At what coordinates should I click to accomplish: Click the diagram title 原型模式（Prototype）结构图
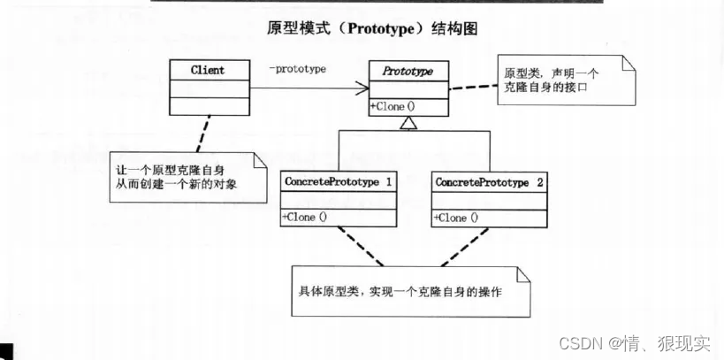tap(372, 28)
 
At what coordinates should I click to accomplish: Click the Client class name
tap(207, 70)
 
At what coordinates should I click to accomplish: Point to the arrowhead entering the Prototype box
tap(362, 88)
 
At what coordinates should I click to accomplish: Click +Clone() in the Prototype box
tap(393, 106)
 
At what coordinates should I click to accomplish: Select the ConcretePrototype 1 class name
tap(339, 180)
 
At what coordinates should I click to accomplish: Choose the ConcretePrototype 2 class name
tap(489, 180)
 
